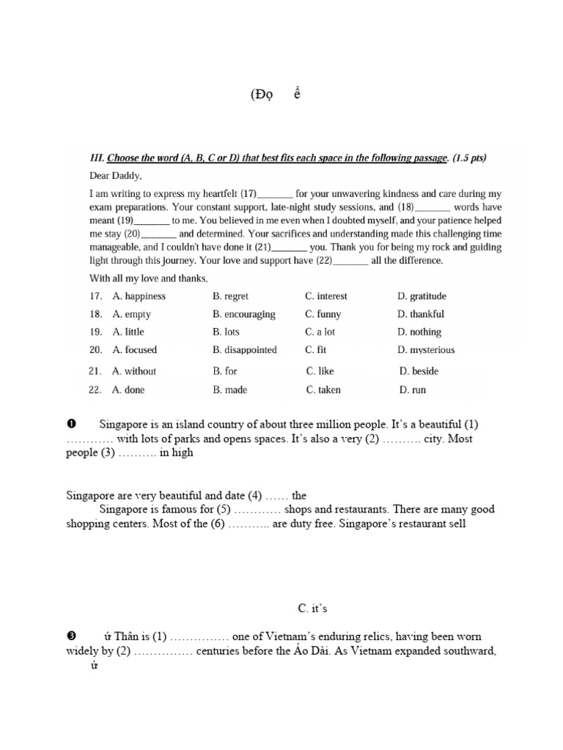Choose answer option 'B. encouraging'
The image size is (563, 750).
pyautogui.click(x=244, y=314)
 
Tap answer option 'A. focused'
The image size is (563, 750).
pyautogui.click(x=135, y=350)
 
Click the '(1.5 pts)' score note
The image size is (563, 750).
pyautogui.click(x=469, y=158)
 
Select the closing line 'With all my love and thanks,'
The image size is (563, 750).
pyautogui.click(x=149, y=278)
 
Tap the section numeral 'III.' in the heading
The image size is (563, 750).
pyautogui.click(x=97, y=158)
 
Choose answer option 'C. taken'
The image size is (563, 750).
pyautogui.click(x=323, y=390)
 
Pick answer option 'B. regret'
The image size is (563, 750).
pyautogui.click(x=231, y=297)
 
